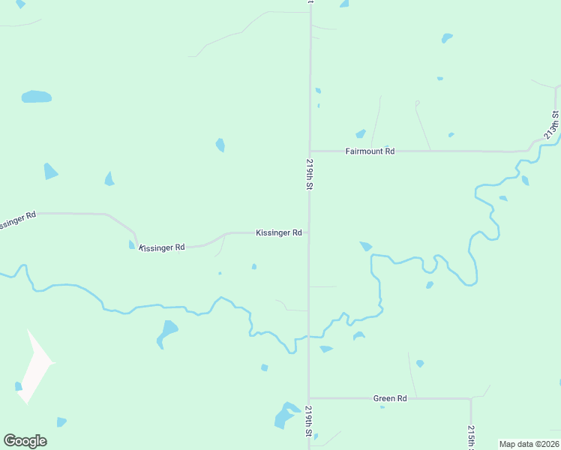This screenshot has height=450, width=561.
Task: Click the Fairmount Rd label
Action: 370,151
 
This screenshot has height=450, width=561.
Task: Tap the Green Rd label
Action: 389,398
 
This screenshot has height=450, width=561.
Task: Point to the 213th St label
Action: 553,124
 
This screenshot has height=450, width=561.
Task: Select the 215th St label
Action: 471,437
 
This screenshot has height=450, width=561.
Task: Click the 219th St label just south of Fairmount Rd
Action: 308,174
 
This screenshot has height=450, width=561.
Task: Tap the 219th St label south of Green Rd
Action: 308,421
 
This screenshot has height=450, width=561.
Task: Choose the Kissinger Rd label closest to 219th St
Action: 278,233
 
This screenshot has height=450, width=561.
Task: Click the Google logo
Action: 25,441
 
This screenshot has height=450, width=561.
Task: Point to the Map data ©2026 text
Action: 529,444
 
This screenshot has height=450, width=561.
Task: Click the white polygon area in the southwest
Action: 34,367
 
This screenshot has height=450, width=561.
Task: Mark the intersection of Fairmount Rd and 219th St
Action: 309,151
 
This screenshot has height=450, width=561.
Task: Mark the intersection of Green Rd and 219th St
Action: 309,398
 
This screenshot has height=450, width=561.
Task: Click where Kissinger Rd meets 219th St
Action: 308,232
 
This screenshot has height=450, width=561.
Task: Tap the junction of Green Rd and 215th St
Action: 471,398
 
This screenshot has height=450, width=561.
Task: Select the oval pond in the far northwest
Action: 36,97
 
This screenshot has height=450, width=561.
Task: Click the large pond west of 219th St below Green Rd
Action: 285,415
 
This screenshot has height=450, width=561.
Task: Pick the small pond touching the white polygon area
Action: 18,386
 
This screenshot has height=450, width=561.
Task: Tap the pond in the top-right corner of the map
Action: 447,37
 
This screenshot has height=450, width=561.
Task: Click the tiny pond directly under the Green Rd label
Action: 382,406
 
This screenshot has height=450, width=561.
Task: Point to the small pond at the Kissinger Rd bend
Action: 132,244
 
